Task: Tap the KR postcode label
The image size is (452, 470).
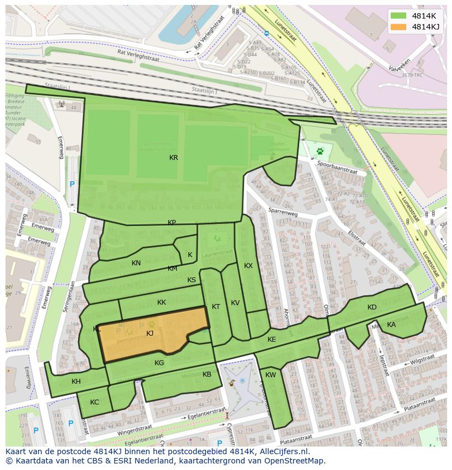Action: [x=174, y=158]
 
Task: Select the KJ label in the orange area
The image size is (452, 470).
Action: [x=150, y=334]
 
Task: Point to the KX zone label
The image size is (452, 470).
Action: [x=248, y=266]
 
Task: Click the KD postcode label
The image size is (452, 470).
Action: [x=372, y=307]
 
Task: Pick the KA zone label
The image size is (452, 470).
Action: [x=391, y=325]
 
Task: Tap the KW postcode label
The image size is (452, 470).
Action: [x=271, y=375]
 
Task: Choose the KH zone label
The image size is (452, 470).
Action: [x=76, y=382]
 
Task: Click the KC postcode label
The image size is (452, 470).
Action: [x=94, y=402]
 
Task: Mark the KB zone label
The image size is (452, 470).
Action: [x=207, y=374]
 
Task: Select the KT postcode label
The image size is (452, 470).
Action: [x=216, y=307]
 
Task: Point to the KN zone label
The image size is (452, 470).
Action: [x=136, y=263]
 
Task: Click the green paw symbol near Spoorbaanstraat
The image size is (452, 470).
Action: [x=320, y=150]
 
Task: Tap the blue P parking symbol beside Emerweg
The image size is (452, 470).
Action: [x=72, y=185]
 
